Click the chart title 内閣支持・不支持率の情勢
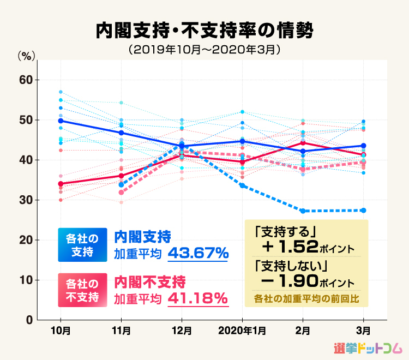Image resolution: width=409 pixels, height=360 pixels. point(204,31)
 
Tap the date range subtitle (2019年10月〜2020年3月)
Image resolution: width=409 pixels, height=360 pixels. point(204,50)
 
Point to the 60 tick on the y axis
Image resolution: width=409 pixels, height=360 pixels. point(26,80)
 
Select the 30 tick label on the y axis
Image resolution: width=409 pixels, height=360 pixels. point(26,200)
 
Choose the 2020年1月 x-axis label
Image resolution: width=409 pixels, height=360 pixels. point(242,331)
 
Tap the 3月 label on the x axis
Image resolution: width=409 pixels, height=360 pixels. point(364,331)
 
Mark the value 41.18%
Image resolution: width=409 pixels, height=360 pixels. point(197,298)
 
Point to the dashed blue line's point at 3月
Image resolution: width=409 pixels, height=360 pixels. point(364,211)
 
